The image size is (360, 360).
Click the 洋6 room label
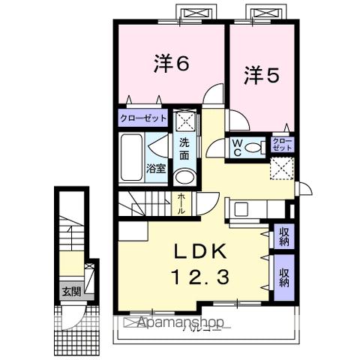[x=171, y=64]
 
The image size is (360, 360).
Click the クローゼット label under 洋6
[x=142, y=118]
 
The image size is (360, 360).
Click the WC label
[x=235, y=147]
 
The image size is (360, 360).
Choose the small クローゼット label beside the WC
[x=282, y=143]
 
